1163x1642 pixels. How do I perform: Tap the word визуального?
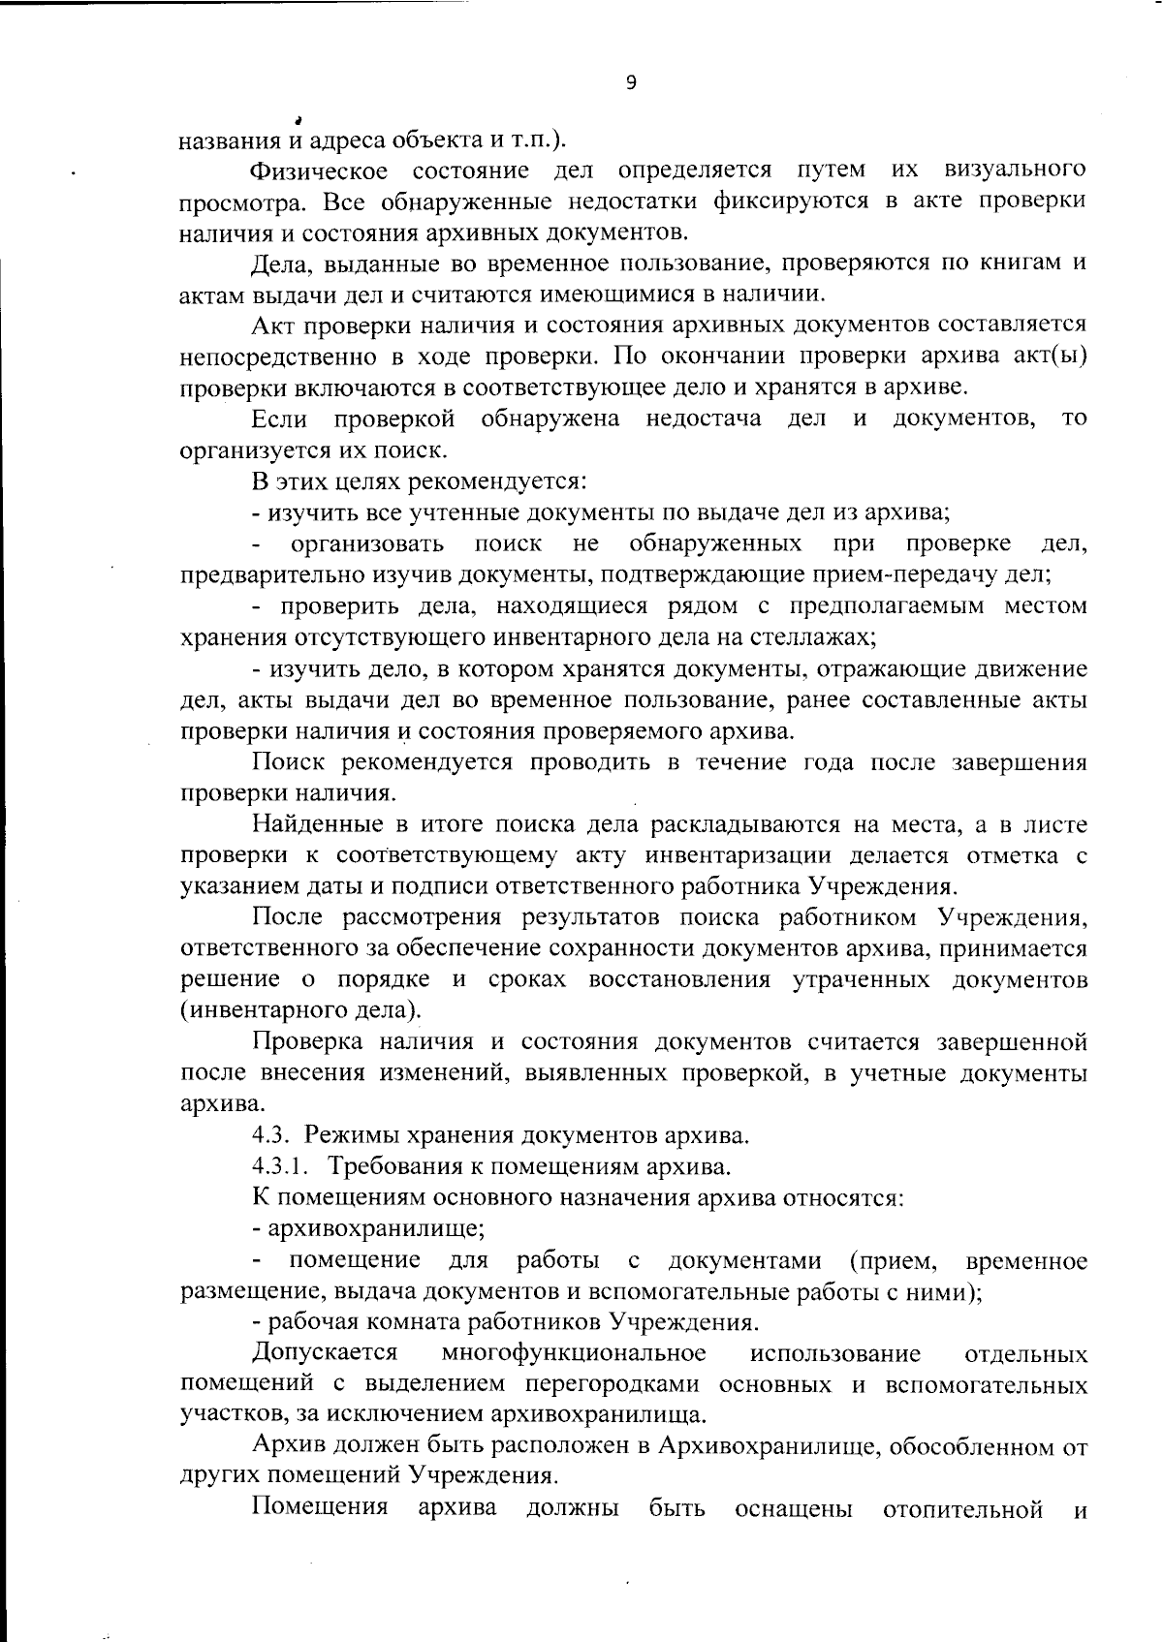pyautogui.click(x=1013, y=171)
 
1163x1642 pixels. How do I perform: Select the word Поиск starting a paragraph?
pyautogui.click(x=287, y=762)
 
